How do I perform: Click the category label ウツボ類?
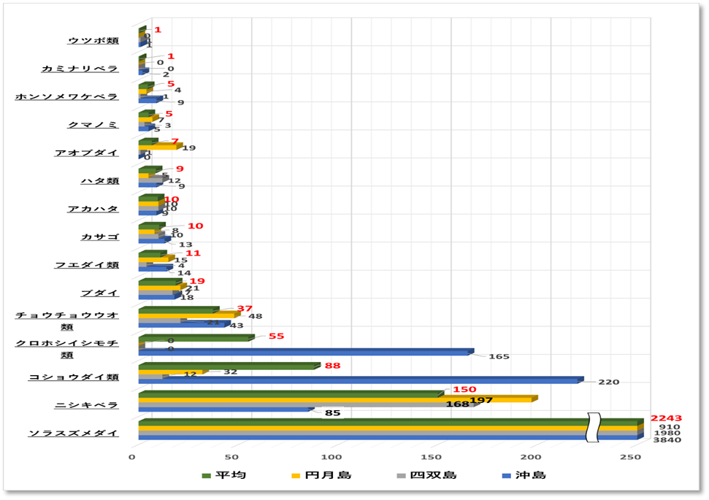click(x=92, y=40)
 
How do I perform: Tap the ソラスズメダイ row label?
click(x=73, y=433)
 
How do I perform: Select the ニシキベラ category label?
click(x=86, y=404)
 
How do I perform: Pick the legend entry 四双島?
click(x=433, y=475)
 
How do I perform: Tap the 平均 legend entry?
click(x=226, y=475)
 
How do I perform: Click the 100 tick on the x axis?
click(x=331, y=457)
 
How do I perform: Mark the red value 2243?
click(x=666, y=418)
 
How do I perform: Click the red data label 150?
click(x=464, y=389)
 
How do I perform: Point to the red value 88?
click(x=332, y=366)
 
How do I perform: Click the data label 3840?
click(x=667, y=439)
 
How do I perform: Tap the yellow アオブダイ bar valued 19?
click(x=158, y=147)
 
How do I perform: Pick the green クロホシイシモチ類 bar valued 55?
click(x=196, y=338)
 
